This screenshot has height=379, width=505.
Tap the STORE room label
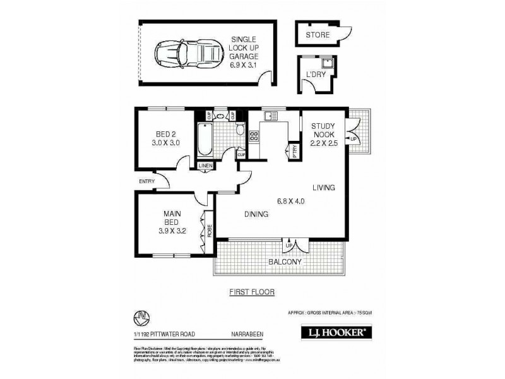click(x=317, y=35)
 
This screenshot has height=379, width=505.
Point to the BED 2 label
click(x=167, y=133)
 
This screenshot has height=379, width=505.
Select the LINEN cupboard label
click(x=205, y=165)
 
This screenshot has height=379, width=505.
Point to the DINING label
click(x=257, y=214)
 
